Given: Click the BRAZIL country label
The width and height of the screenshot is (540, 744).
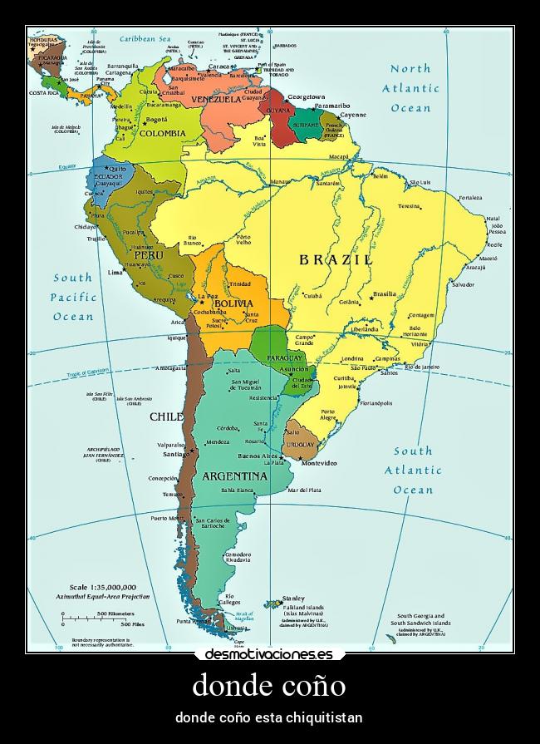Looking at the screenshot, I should pyautogui.click(x=336, y=259).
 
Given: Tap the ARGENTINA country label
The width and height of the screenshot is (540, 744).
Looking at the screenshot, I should pyautogui.click(x=234, y=476).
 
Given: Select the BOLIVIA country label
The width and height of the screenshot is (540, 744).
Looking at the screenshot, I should pyautogui.click(x=233, y=304).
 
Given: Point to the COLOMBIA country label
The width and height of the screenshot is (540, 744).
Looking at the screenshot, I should pyautogui.click(x=162, y=133).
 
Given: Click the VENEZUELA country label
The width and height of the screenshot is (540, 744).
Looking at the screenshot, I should pyautogui.click(x=216, y=99).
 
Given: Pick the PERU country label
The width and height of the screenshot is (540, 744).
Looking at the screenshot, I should pyautogui.click(x=149, y=256).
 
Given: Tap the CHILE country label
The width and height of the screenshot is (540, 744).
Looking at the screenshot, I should pyautogui.click(x=166, y=416).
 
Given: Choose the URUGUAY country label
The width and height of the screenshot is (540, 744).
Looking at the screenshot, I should pyautogui.click(x=301, y=445).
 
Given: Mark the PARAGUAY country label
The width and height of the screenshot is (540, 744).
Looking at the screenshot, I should pyautogui.click(x=284, y=357).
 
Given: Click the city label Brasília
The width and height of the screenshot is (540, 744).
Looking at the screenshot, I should pyautogui.click(x=385, y=293).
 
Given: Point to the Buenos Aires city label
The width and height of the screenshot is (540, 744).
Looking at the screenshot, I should pyautogui.click(x=258, y=456).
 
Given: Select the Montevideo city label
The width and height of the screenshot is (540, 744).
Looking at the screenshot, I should pyautogui.click(x=318, y=462).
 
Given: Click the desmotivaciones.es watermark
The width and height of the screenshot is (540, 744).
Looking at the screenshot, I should pyautogui.click(x=269, y=654).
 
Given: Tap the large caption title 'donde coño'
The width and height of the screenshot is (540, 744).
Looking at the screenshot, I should pyautogui.click(x=269, y=686).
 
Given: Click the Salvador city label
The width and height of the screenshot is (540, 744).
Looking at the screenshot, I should pyautogui.click(x=463, y=284).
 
